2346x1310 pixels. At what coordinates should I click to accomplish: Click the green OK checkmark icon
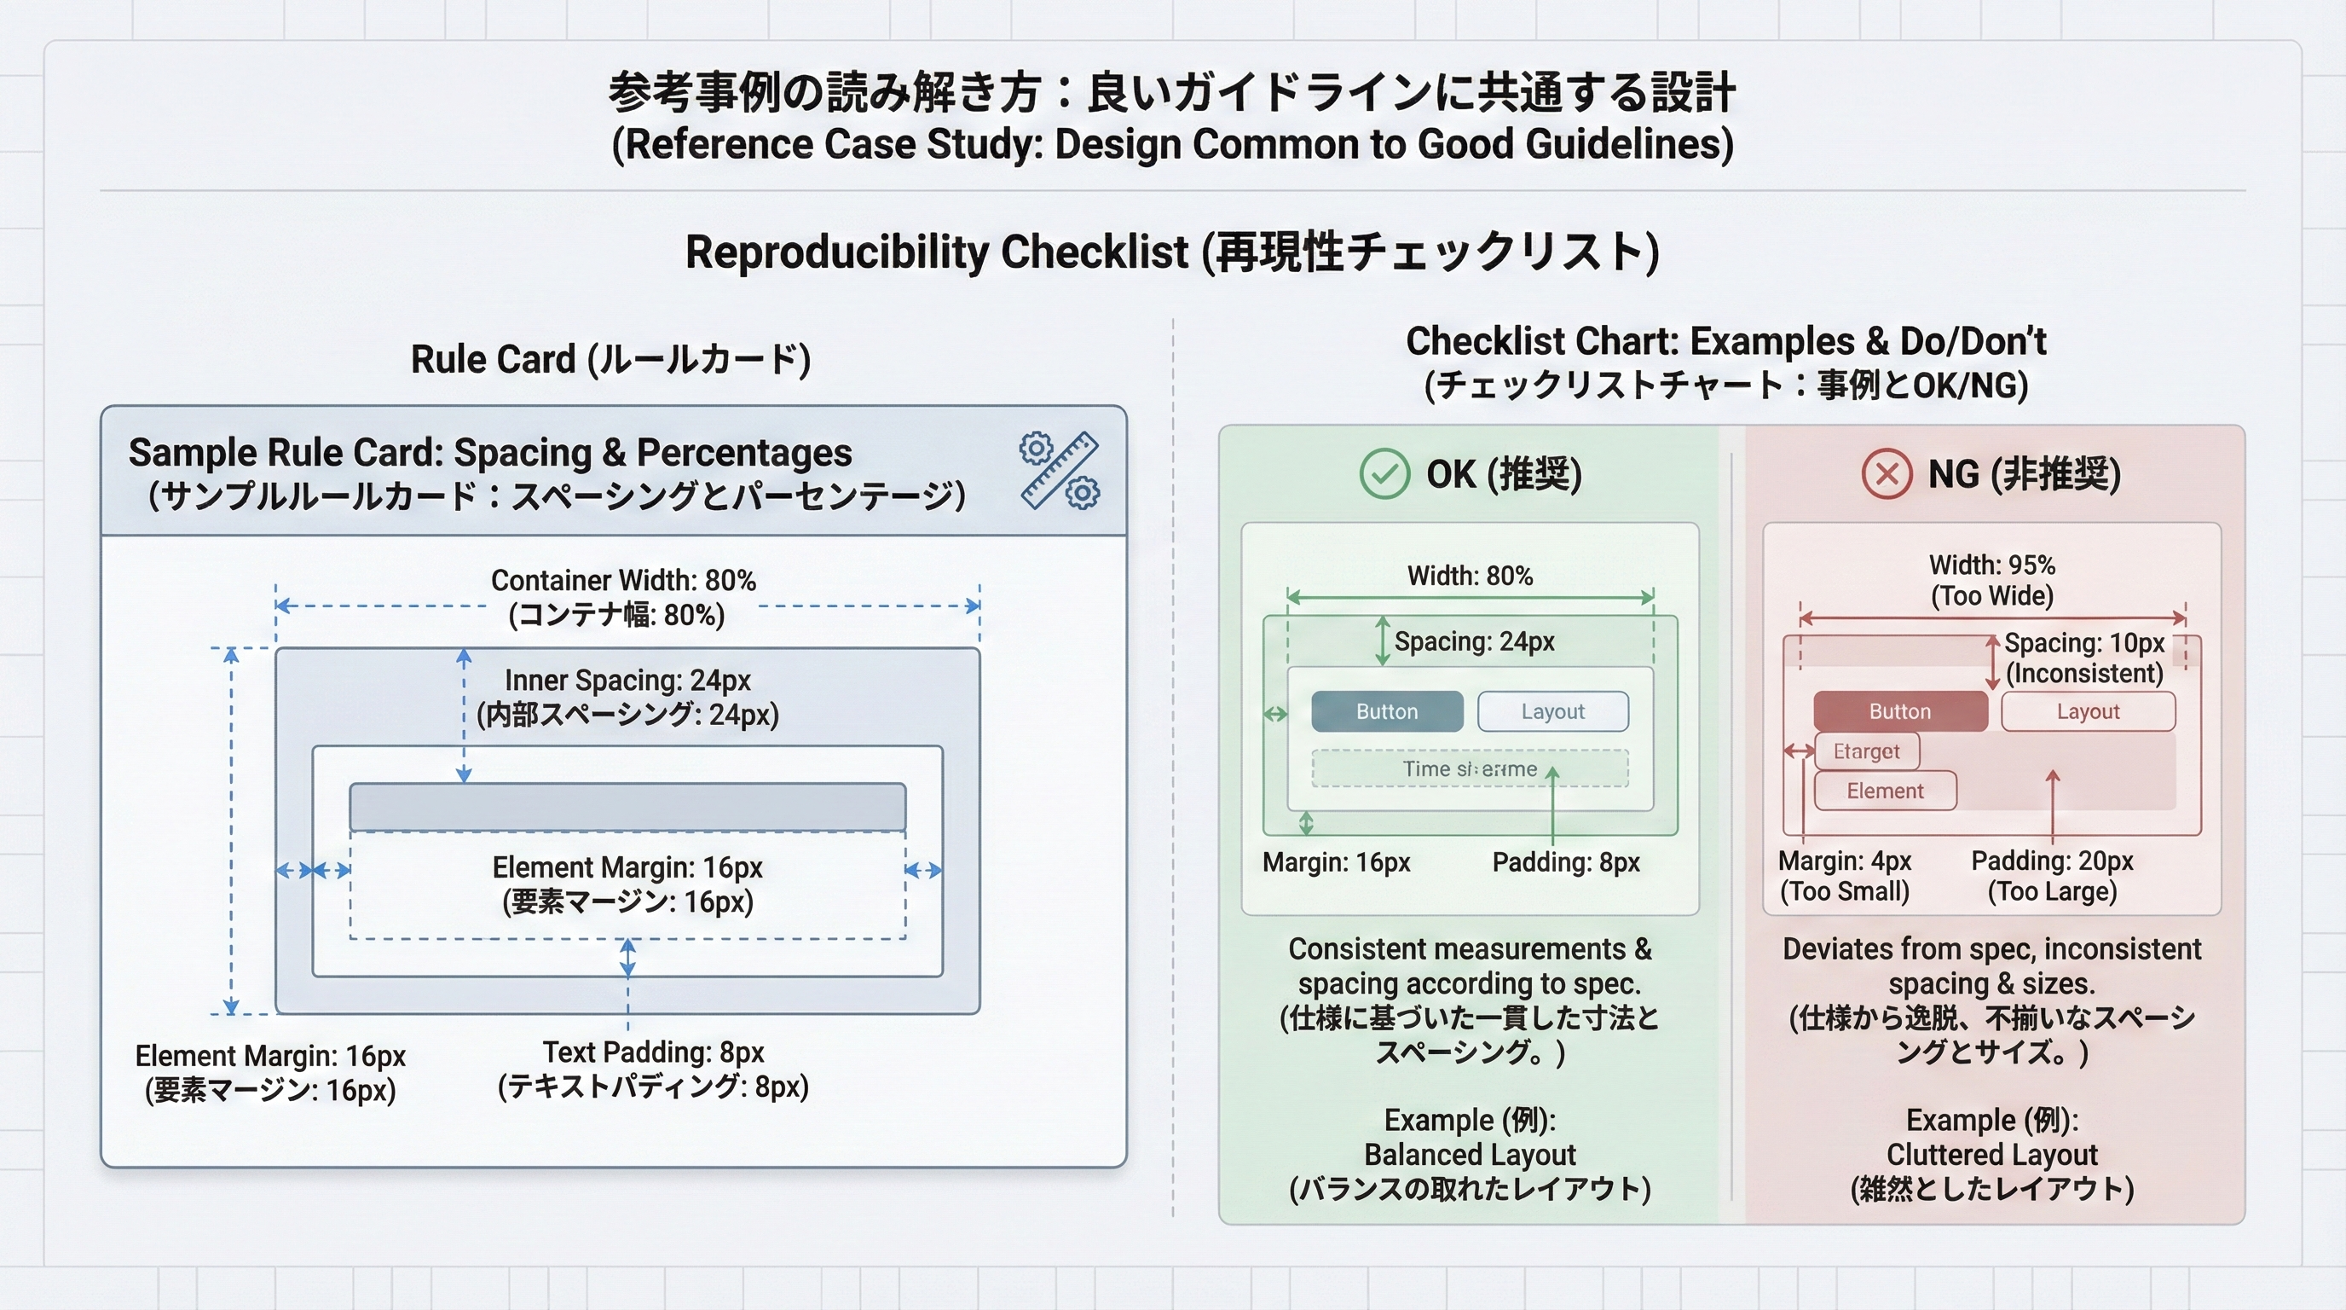pos(1384,473)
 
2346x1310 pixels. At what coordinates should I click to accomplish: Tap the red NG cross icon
pos(1886,473)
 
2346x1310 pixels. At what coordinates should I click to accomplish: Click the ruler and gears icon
pos(1059,470)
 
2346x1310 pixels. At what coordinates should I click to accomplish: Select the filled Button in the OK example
pos(1386,711)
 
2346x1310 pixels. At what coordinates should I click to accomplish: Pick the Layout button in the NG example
pos(2088,711)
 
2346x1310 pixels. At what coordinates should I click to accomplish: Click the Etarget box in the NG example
pos(1866,751)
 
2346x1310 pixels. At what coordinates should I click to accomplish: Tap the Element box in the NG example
pos(1884,791)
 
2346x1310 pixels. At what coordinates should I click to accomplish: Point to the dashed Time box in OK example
pos(1469,769)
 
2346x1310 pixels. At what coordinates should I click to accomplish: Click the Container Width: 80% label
pos(623,580)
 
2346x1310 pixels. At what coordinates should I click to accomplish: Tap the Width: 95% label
pos(1991,565)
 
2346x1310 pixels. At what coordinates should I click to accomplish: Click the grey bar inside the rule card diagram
pos(627,806)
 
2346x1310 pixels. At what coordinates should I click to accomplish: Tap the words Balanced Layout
pos(1469,1154)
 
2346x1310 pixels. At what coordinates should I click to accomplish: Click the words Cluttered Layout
pos(1991,1154)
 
